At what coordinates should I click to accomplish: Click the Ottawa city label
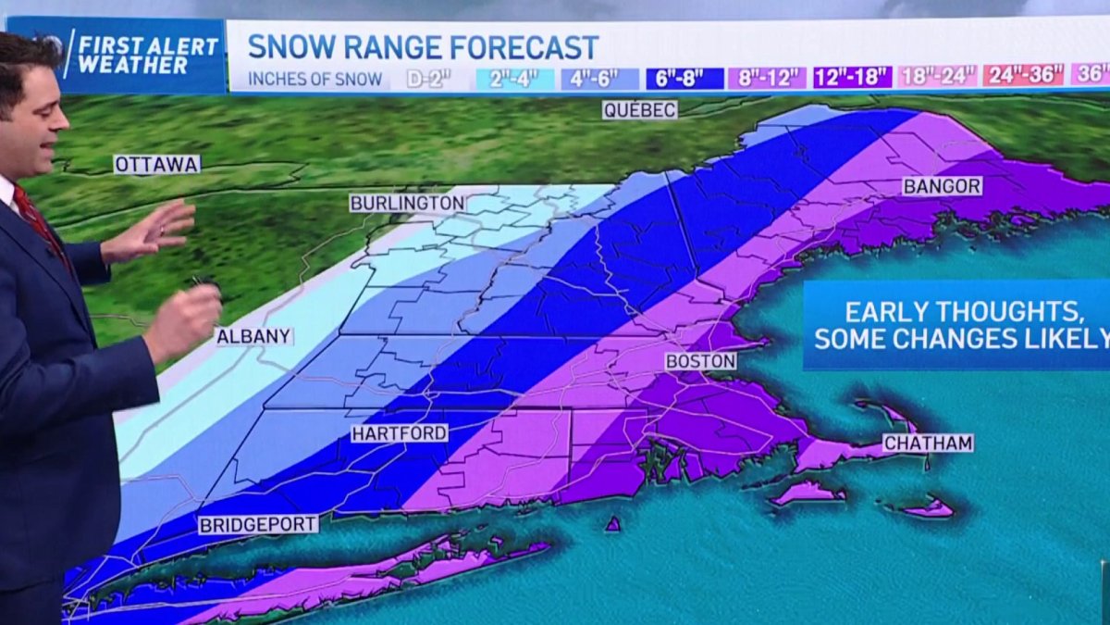(156, 164)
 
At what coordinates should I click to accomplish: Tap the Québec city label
(639, 109)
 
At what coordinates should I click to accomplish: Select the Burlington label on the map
(407, 202)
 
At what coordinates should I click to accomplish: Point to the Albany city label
(253, 336)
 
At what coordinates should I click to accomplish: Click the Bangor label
(942, 186)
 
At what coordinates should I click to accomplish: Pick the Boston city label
(700, 361)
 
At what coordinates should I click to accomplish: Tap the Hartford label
(400, 432)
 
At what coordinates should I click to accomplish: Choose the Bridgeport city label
(258, 524)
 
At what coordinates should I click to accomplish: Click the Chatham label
(928, 444)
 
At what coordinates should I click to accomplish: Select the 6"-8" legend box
(684, 78)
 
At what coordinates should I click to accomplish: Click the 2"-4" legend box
(514, 79)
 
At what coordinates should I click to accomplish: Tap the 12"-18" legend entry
(852, 77)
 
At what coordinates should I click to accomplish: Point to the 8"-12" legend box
(767, 78)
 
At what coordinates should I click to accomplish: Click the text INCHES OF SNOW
(315, 80)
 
